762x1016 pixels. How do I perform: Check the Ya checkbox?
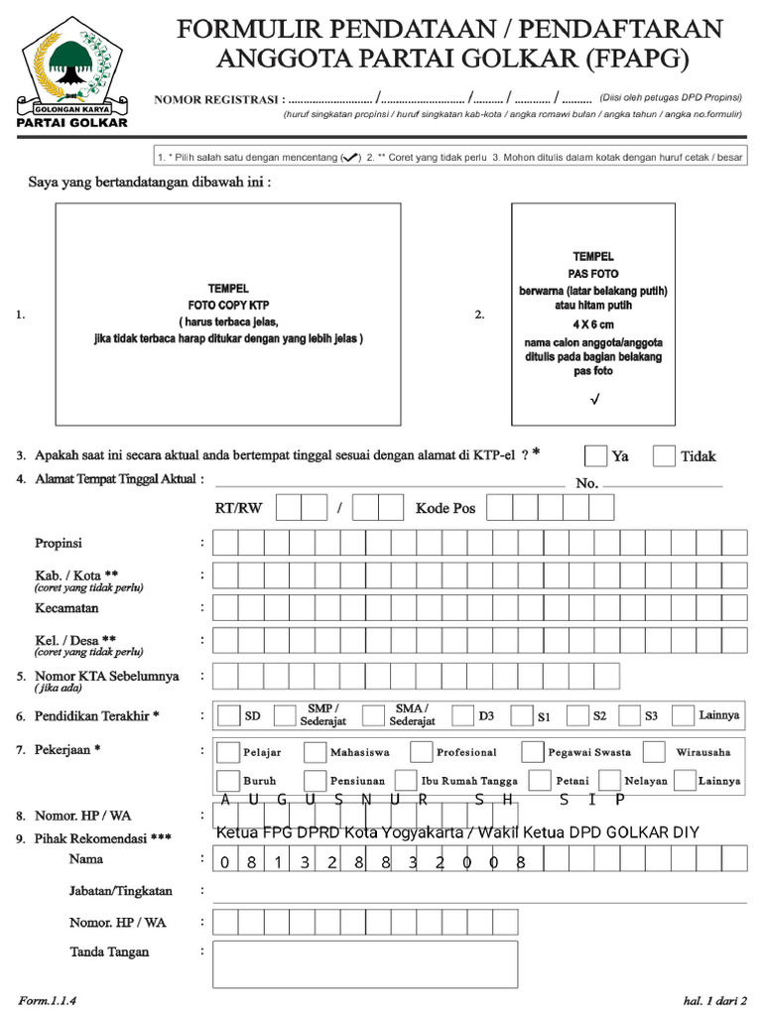coord(595,455)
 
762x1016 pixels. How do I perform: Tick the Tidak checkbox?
coord(665,455)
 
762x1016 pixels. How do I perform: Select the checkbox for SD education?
coord(228,715)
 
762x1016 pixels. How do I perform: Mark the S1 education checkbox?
coord(521,715)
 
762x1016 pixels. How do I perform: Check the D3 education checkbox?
coord(462,715)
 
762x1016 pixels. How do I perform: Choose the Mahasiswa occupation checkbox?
coord(316,751)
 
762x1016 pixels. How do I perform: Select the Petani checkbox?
coord(540,780)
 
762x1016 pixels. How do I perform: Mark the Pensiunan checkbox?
coord(316,780)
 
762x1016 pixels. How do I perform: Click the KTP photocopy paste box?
coord(228,314)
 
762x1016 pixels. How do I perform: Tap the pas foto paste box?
coord(592,314)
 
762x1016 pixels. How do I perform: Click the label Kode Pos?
coord(445,508)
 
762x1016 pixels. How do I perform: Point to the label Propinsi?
coord(59,544)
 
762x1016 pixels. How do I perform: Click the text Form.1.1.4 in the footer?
coord(48,998)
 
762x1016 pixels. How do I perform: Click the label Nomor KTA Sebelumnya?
coord(107,676)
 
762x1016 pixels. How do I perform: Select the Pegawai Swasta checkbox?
coord(533,751)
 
